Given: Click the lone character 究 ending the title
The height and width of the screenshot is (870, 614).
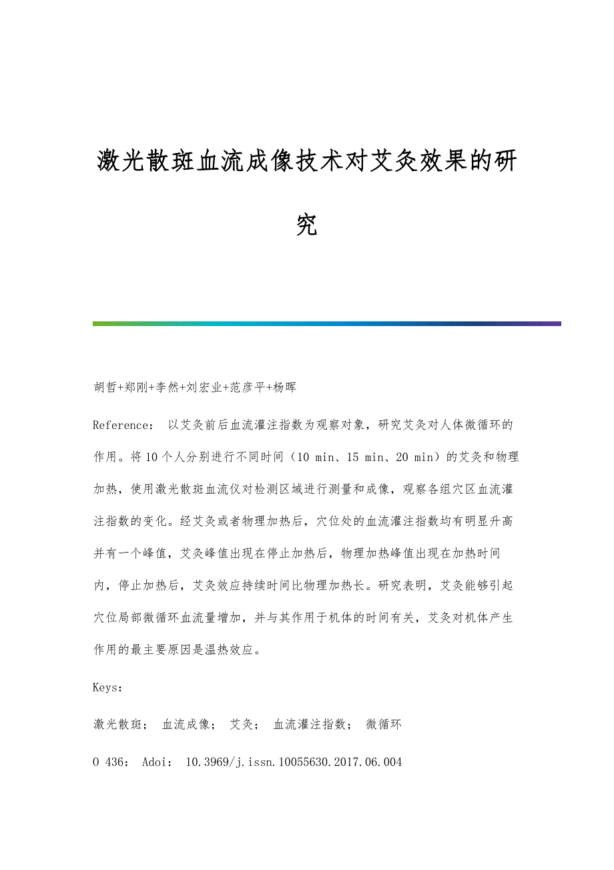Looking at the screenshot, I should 306,225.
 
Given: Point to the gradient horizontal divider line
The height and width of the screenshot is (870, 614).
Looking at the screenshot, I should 326,323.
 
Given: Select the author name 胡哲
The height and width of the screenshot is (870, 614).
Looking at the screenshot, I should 105,388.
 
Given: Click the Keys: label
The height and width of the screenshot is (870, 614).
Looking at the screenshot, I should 107,687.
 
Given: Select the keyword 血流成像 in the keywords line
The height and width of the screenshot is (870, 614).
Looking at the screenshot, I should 186,724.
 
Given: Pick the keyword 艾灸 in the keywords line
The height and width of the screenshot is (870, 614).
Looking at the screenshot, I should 240,724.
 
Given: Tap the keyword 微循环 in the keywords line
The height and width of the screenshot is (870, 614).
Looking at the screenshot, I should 384,724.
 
